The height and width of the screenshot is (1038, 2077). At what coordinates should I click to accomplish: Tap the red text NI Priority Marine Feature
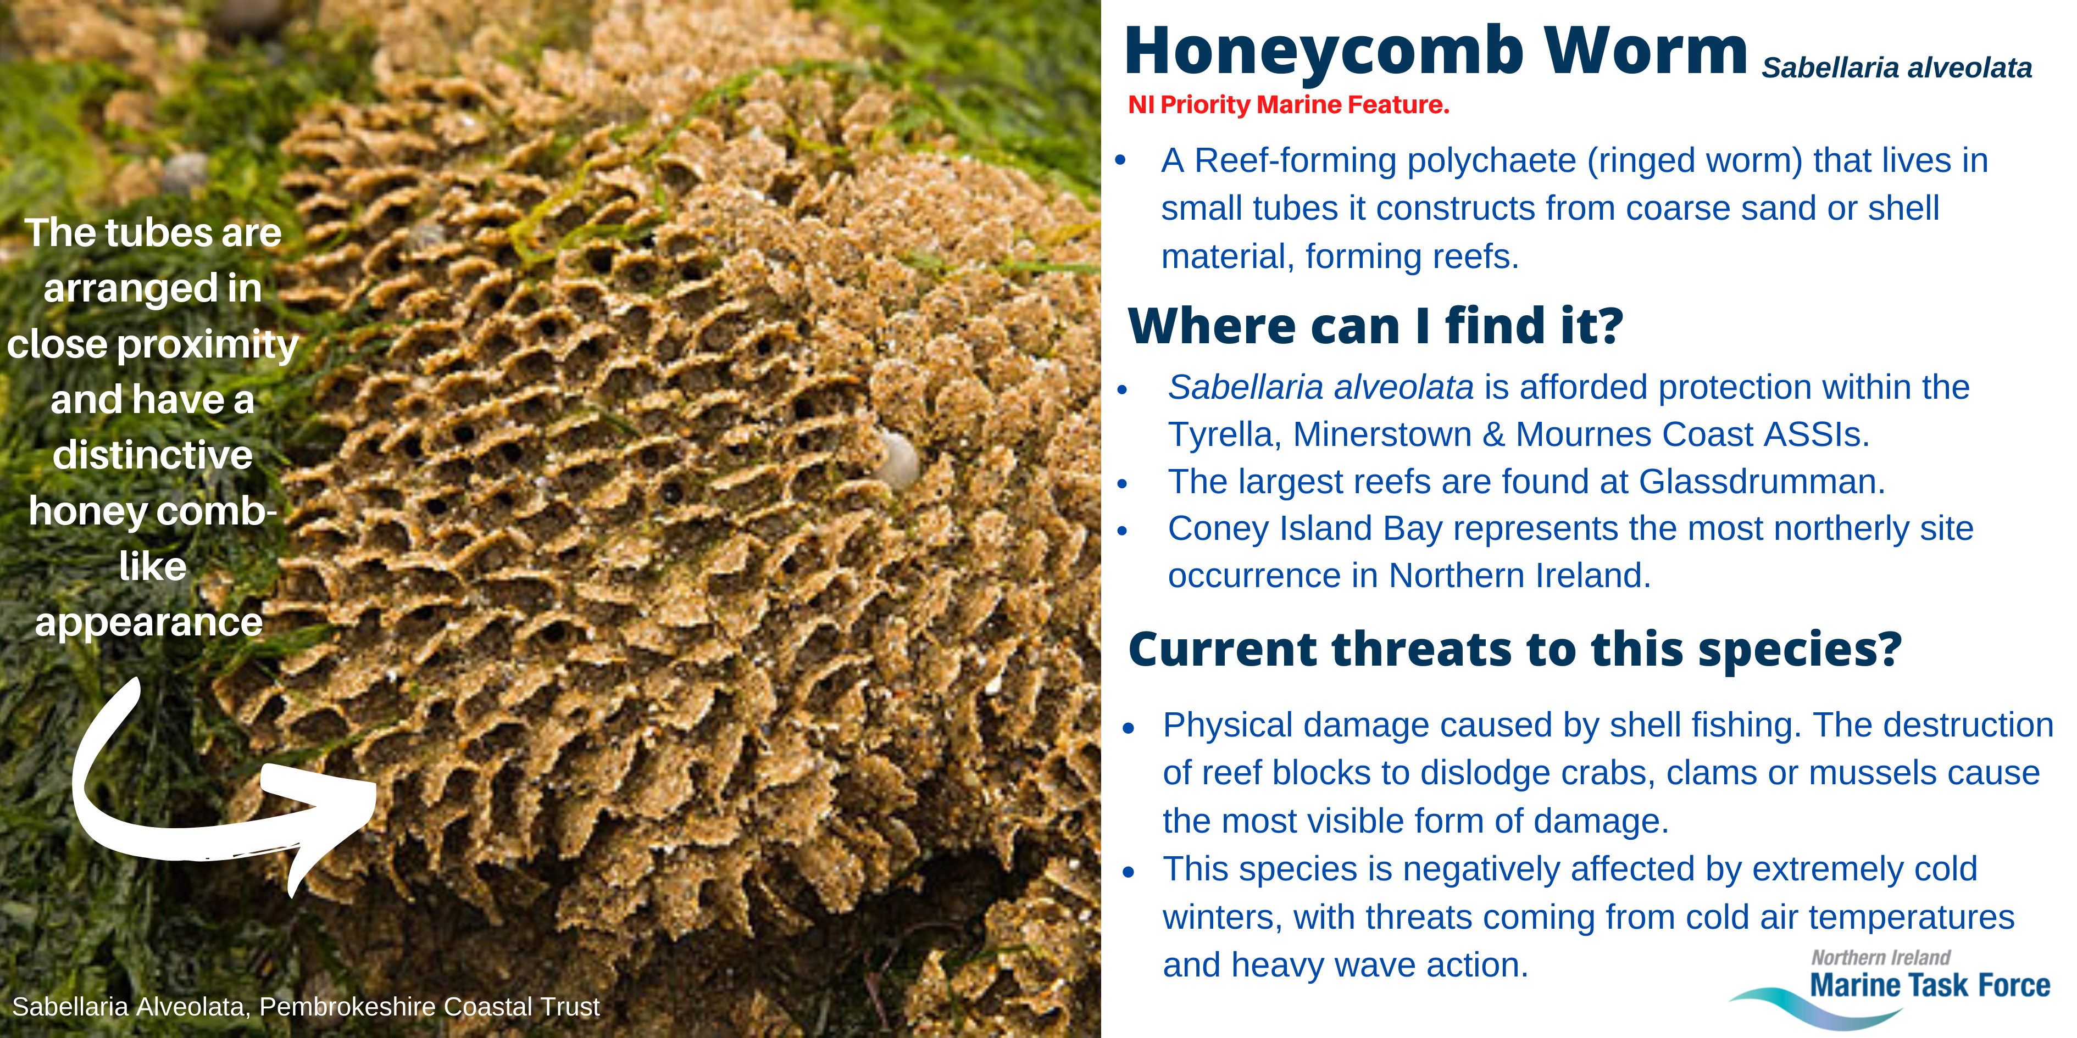coord(1289,105)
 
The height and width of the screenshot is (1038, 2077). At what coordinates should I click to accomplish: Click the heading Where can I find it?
coord(1375,326)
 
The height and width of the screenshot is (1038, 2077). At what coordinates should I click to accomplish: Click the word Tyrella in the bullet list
coord(1221,435)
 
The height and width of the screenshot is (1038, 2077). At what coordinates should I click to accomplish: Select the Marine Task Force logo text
coord(1929,985)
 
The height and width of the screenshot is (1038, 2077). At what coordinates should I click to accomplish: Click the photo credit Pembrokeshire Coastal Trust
coord(430,1007)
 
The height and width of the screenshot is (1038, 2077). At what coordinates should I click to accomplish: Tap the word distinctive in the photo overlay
coord(152,455)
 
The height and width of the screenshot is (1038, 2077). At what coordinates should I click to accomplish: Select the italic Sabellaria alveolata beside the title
coord(1896,68)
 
